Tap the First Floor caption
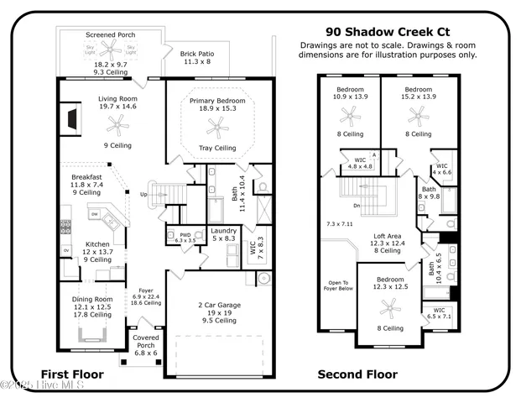tap(75, 374)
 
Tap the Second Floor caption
tap(357, 374)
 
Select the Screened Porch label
tap(111, 34)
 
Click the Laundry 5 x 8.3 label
tap(224, 234)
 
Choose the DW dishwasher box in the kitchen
tap(95, 213)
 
